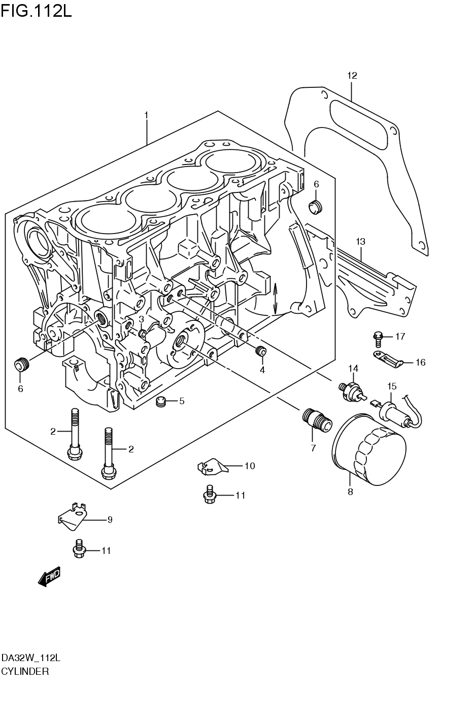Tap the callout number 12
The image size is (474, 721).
click(x=352, y=76)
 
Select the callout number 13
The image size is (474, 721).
click(x=360, y=242)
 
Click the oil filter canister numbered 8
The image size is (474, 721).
click(x=369, y=449)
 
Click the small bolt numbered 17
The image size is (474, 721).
click(x=377, y=337)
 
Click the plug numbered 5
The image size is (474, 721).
click(x=161, y=401)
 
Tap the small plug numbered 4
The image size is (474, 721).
click(x=261, y=350)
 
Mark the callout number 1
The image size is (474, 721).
click(x=146, y=115)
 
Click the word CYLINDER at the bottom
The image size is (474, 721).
click(x=25, y=671)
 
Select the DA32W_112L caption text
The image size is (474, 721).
click(x=31, y=658)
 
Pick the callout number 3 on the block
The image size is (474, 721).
click(x=141, y=319)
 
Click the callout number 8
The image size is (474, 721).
click(x=350, y=491)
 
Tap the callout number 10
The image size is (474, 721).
click(x=249, y=466)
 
